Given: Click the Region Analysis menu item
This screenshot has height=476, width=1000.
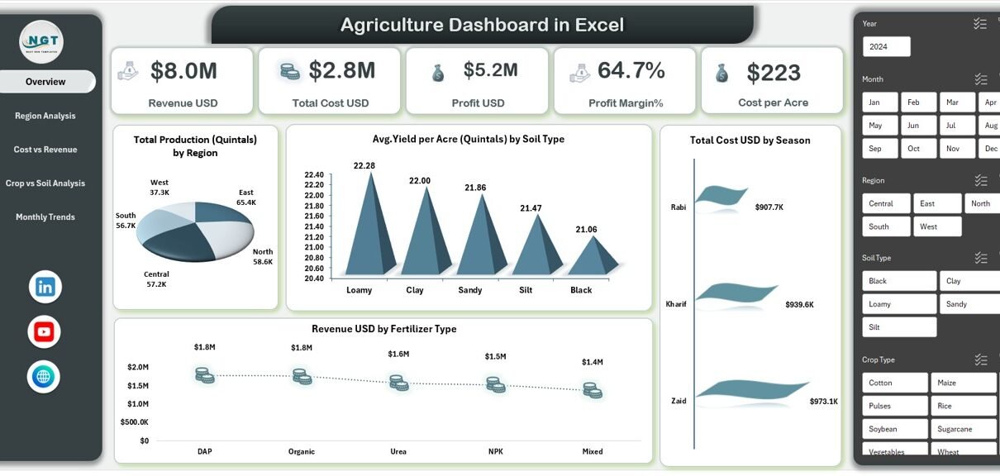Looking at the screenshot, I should coord(45,116).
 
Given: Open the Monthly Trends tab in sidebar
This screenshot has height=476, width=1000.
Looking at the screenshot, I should coord(45,217).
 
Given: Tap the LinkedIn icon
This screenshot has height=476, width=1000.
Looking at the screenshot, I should coord(45,287).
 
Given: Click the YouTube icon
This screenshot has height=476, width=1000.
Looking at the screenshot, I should coord(45,332).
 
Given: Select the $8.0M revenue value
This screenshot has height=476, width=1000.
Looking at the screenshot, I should coord(183,72).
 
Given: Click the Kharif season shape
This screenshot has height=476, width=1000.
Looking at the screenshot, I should coord(736,293).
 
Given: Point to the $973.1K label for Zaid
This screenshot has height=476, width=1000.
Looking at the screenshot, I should coord(823,402).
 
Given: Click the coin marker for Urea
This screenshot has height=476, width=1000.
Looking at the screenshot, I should coord(398,383).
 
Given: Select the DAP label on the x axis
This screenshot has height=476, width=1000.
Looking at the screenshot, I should coord(205,451).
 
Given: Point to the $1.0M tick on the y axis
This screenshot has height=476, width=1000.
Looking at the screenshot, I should coord(138,404).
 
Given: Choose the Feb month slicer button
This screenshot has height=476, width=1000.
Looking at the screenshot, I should coord(918,102).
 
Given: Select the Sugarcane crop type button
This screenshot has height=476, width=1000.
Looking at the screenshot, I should coord(964,429).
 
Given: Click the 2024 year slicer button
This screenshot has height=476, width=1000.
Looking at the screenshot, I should coord(886,47).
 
